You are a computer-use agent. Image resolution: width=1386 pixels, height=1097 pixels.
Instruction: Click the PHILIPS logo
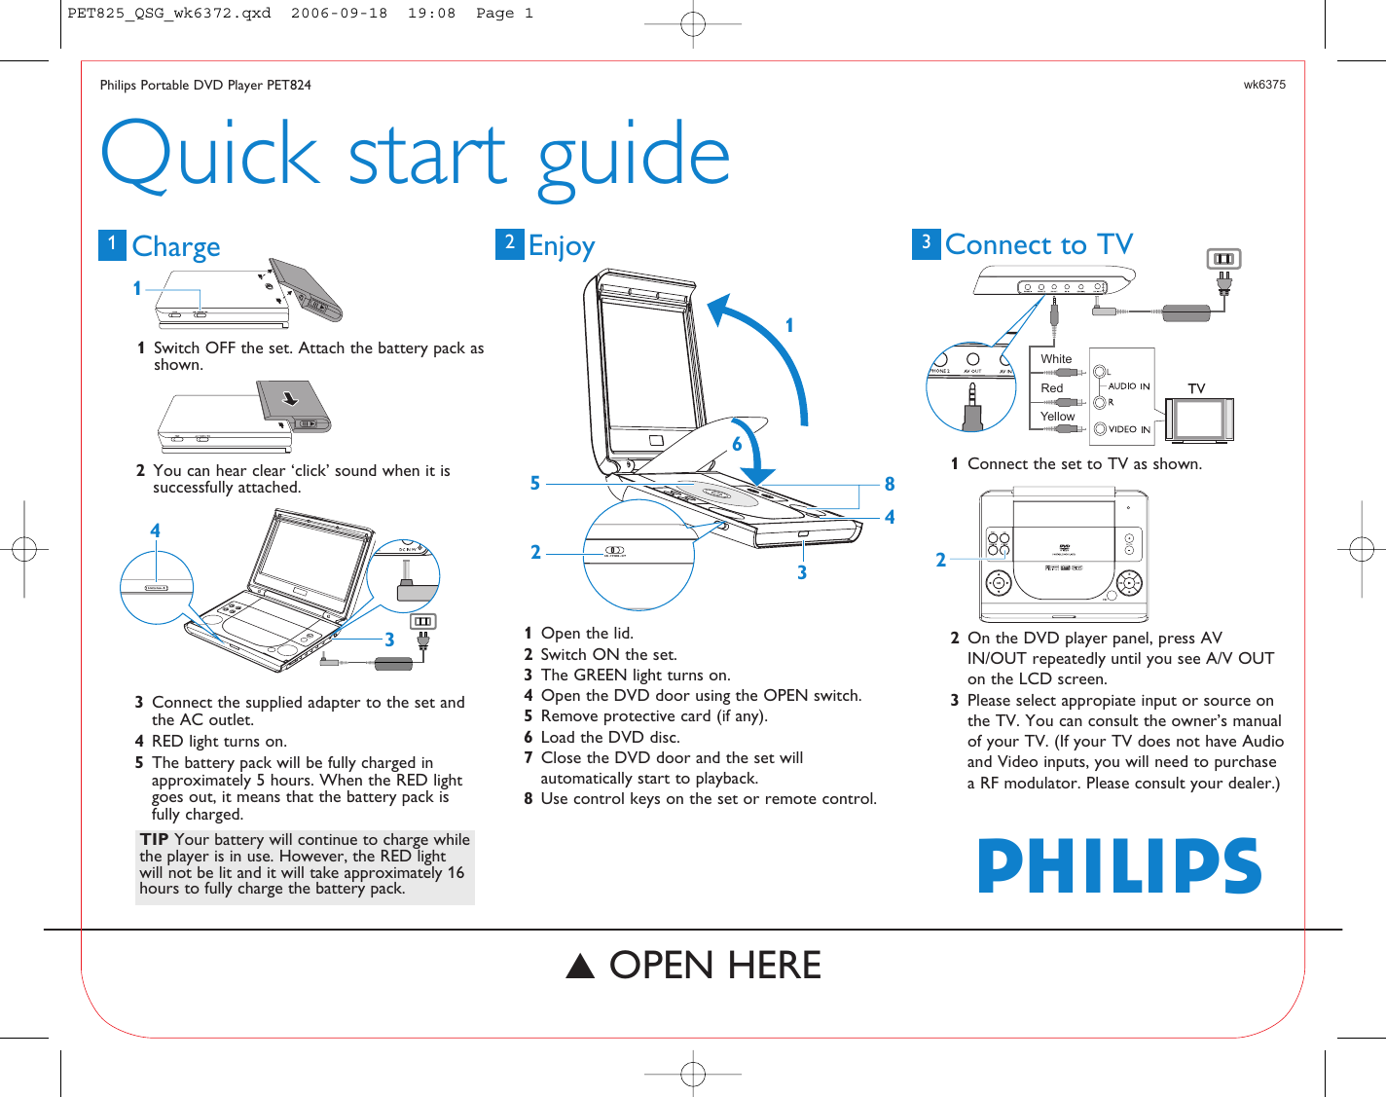1119,865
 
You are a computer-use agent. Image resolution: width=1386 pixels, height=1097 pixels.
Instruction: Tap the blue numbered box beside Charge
112,244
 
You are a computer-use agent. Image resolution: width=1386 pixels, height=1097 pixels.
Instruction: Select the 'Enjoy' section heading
561,246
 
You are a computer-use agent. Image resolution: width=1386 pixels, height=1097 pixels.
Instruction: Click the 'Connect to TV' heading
1039,244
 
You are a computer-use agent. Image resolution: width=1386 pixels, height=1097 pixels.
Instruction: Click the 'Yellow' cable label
1057,417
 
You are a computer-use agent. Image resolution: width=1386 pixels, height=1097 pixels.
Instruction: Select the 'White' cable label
1056,359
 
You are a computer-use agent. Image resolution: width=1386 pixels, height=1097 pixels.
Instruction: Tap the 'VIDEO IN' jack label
1129,429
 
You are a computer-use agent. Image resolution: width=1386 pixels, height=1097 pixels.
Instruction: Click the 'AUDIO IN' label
1129,386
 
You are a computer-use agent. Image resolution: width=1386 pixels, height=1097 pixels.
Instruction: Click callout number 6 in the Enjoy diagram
737,445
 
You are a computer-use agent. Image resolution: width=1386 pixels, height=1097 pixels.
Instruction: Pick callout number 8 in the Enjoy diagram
889,484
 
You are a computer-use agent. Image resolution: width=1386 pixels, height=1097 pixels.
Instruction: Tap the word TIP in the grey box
154,839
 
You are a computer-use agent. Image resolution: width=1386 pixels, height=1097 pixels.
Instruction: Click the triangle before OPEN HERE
581,966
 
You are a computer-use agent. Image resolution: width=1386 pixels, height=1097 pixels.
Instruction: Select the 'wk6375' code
1263,85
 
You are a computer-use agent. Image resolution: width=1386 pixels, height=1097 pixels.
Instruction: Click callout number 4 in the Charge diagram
155,530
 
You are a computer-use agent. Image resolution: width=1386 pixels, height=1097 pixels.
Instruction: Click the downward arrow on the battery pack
290,397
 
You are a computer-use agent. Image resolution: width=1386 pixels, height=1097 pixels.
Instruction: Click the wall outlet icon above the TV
1223,259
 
